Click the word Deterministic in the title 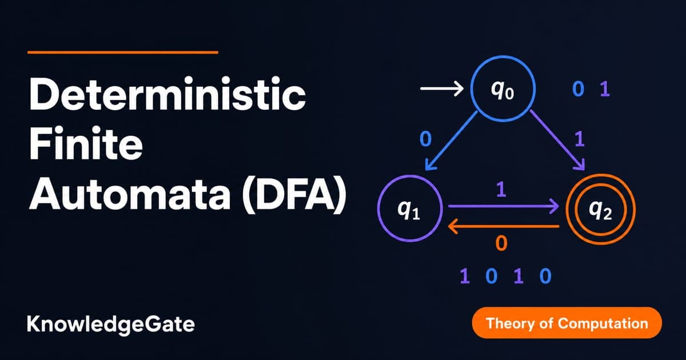(167, 93)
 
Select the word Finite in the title (86, 143)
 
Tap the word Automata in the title (130, 193)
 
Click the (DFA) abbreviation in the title (294, 194)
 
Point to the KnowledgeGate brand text (110, 325)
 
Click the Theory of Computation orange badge (567, 323)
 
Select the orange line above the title (123, 53)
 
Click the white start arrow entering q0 (442, 89)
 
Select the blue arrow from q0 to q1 (452, 141)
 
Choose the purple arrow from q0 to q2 (557, 140)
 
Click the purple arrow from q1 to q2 (504, 206)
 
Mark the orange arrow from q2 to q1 (504, 226)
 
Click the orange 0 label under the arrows (501, 243)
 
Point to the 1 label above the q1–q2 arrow (501, 190)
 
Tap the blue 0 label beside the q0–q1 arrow (426, 139)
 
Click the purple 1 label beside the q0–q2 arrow (580, 139)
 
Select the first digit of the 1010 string (465, 276)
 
